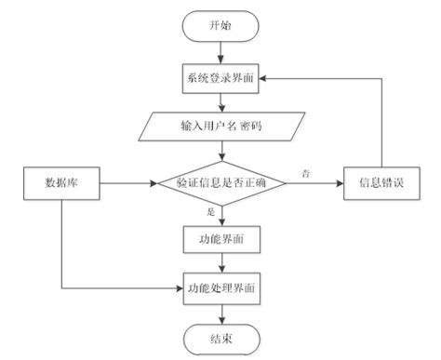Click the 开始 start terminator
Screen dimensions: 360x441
(x=220, y=26)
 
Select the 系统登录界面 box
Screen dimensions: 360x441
(x=220, y=78)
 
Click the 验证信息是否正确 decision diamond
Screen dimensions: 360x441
(x=220, y=182)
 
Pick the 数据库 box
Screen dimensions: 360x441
(x=60, y=182)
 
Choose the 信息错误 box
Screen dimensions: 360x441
(x=380, y=182)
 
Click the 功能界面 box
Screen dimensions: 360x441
(x=220, y=239)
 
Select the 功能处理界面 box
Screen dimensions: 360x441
(x=220, y=289)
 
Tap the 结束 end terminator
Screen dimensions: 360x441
(x=220, y=340)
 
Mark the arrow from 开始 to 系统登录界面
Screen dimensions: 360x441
(x=220, y=52)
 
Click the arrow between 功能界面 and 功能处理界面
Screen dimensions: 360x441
(x=220, y=264)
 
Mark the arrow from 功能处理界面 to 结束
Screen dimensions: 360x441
(x=220, y=314)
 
